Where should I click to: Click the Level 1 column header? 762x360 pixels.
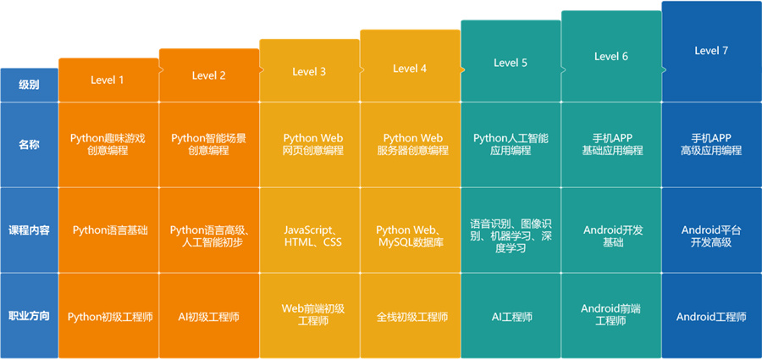[108, 80]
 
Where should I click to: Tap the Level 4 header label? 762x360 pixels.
[410, 69]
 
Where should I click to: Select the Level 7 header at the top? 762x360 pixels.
[711, 51]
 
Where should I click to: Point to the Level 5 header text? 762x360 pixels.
[511, 63]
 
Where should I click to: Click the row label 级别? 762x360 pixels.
[29, 84]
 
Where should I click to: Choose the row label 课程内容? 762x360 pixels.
[29, 230]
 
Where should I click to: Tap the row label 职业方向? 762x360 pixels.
[29, 316]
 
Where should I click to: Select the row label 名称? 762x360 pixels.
[29, 144]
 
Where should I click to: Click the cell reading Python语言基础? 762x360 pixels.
[109, 230]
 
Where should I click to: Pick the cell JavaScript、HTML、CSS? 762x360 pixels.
[309, 235]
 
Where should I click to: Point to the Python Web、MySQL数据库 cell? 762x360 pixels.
[410, 235]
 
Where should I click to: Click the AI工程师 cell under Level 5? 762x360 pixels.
[511, 317]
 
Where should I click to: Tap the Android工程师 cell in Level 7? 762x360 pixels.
[711, 317]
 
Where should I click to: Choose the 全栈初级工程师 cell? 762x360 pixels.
[411, 317]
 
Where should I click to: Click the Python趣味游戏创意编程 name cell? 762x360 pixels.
[109, 144]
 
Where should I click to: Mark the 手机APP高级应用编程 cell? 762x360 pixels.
[711, 144]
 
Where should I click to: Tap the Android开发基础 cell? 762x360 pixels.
[611, 235]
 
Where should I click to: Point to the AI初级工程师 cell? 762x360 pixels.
[209, 317]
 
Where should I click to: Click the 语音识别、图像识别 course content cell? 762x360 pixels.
[511, 236]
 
